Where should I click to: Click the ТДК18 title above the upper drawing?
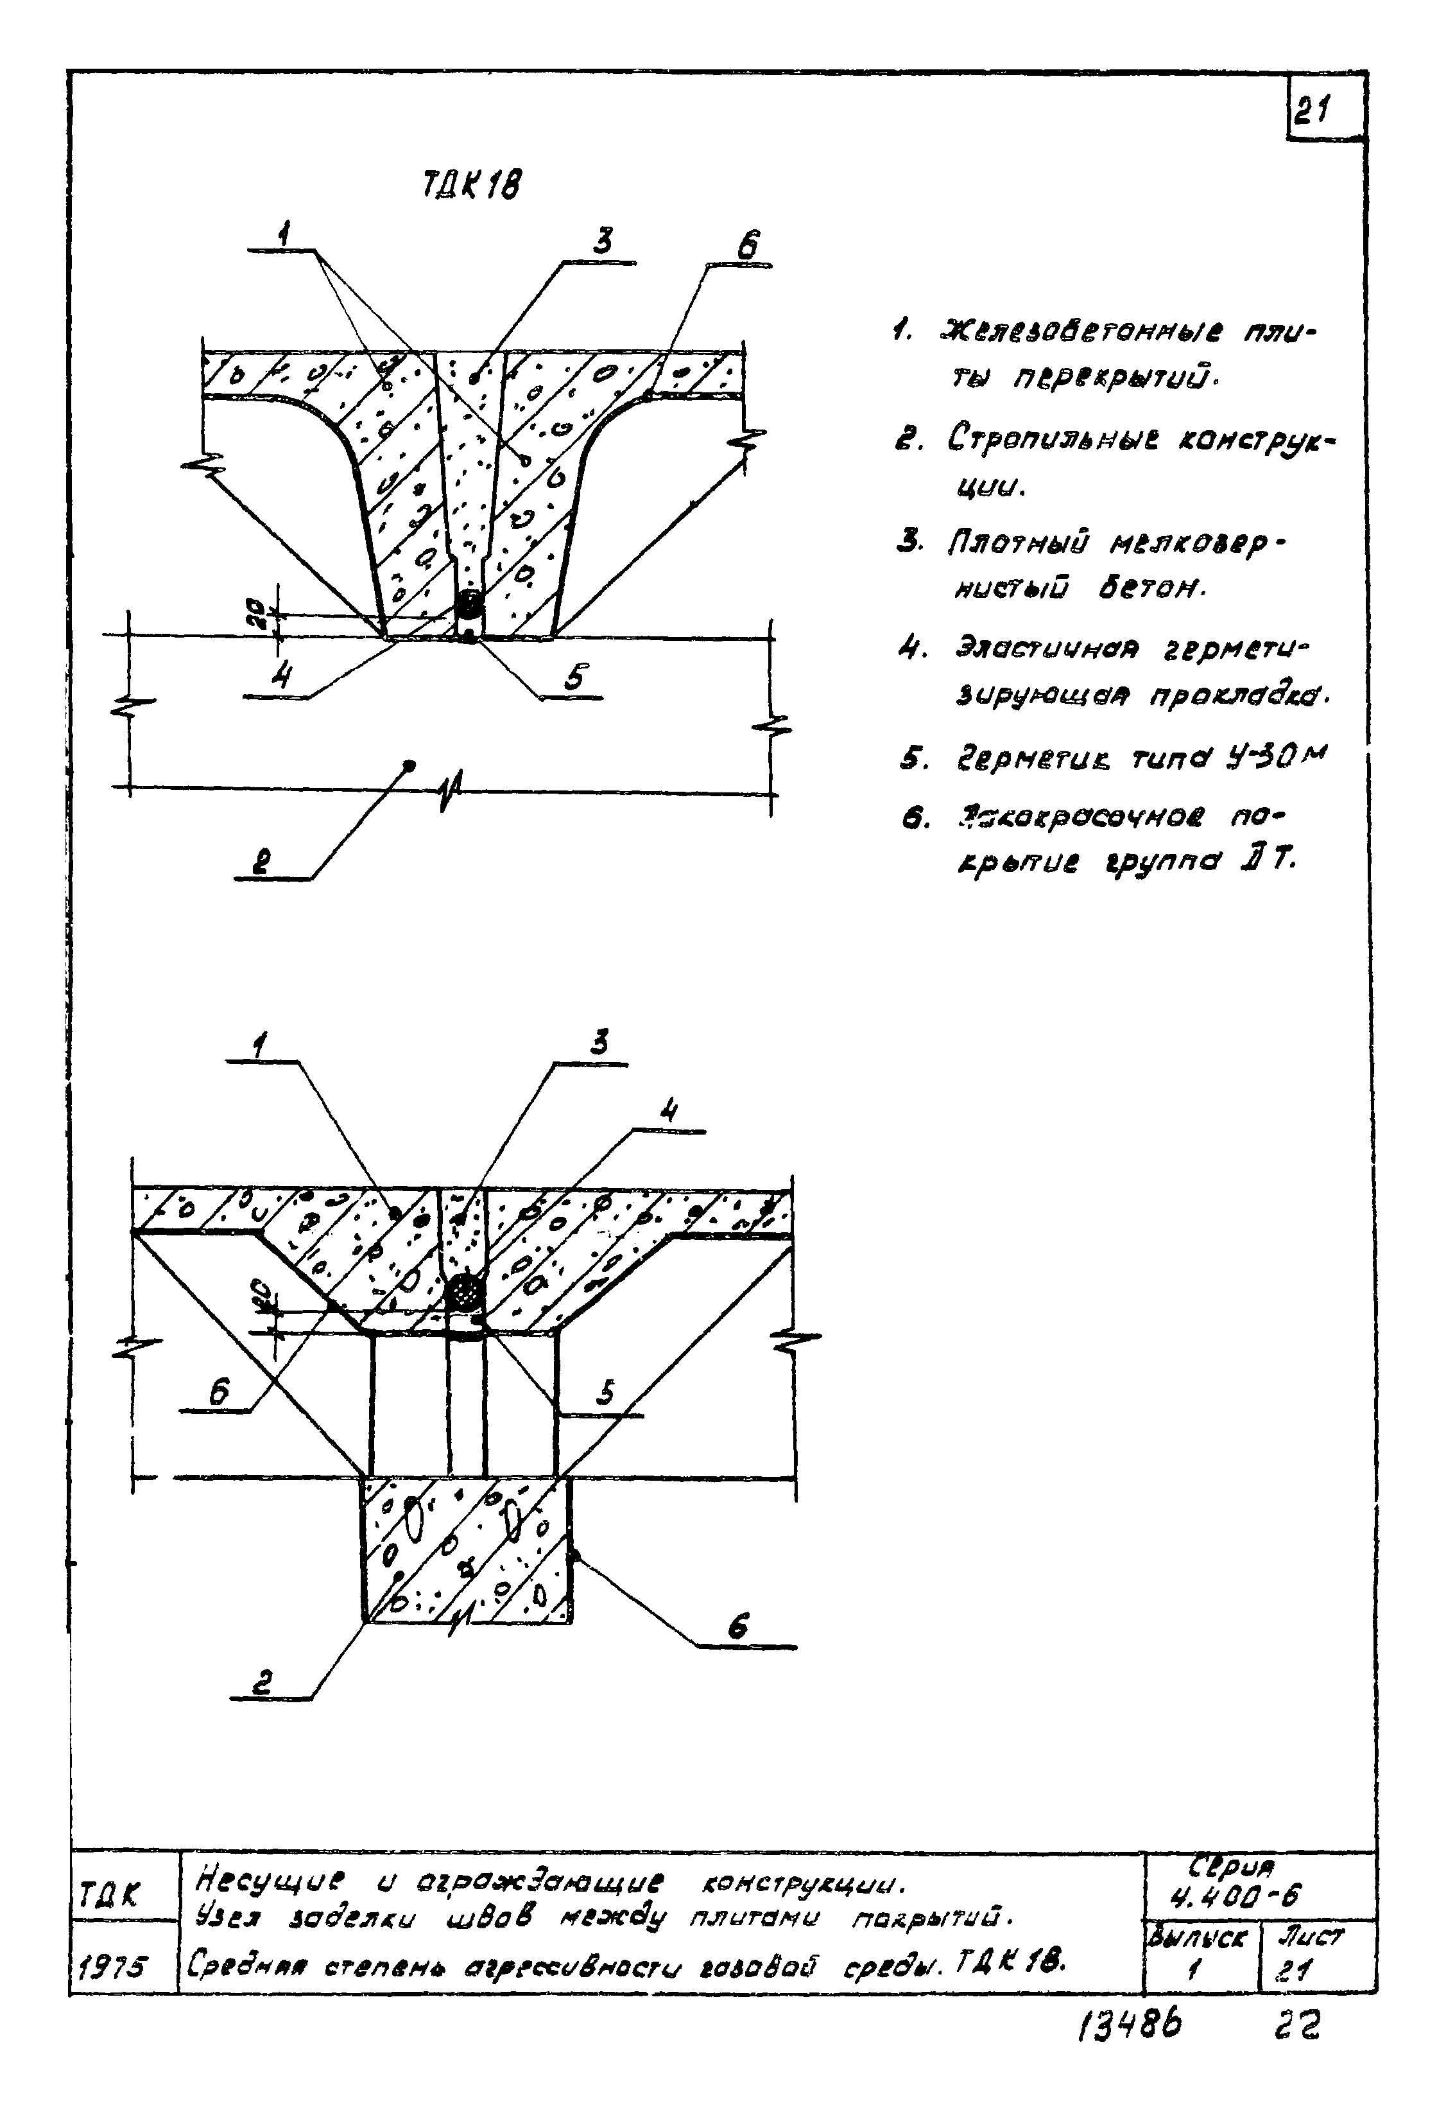472,188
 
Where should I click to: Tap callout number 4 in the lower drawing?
669,1112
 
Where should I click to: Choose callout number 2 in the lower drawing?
262,1685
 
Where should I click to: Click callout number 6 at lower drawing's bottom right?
739,1625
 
